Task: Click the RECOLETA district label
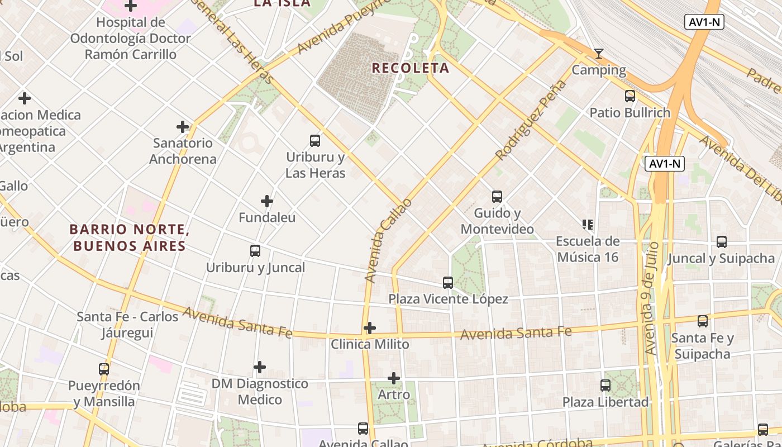(x=410, y=68)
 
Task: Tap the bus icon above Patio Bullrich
(x=630, y=96)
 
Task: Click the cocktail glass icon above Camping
(x=599, y=54)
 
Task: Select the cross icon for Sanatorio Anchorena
(x=183, y=127)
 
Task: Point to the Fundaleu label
(x=267, y=217)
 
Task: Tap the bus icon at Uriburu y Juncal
(x=255, y=251)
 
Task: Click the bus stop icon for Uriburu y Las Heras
(x=315, y=141)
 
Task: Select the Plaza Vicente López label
(x=449, y=299)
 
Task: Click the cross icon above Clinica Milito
(x=370, y=328)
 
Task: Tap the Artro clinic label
(x=394, y=394)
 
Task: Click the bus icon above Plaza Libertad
(x=605, y=385)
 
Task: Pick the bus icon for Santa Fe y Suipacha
(x=703, y=321)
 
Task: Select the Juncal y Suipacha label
(x=721, y=258)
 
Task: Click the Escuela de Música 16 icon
(x=587, y=225)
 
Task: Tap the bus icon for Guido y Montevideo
(x=497, y=197)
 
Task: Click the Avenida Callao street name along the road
(x=388, y=240)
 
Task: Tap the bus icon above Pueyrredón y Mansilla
(x=104, y=369)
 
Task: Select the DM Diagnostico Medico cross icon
(x=260, y=367)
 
